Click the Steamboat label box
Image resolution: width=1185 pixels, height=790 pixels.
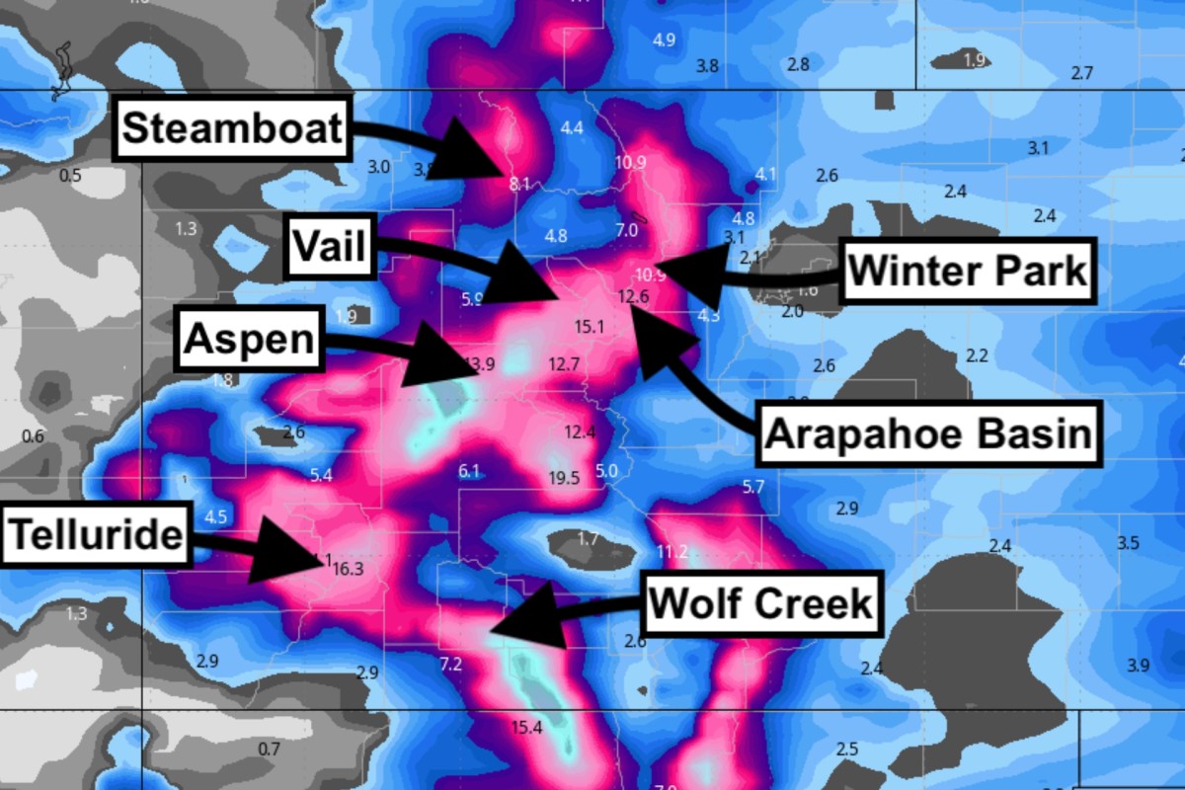coord(233,129)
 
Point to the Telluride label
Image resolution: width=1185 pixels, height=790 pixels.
coord(96,535)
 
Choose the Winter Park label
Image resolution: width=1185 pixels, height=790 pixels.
coord(968,271)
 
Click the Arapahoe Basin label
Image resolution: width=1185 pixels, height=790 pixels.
coord(928,434)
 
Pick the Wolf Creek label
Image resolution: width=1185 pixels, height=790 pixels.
coord(760,601)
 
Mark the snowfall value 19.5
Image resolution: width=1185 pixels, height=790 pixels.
coord(563,479)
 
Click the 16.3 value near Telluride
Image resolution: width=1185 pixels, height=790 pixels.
coord(349,569)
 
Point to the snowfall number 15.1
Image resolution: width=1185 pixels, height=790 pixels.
coord(588,326)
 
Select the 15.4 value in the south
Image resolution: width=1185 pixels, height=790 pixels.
coord(526,728)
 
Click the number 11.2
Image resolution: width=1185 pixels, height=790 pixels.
coord(671,551)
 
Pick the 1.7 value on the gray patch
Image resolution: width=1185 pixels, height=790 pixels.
coord(588,539)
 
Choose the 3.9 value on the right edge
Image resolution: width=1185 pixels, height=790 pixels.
coord(1138,666)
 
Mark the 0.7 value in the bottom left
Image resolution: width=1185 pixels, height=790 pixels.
coord(269,750)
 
